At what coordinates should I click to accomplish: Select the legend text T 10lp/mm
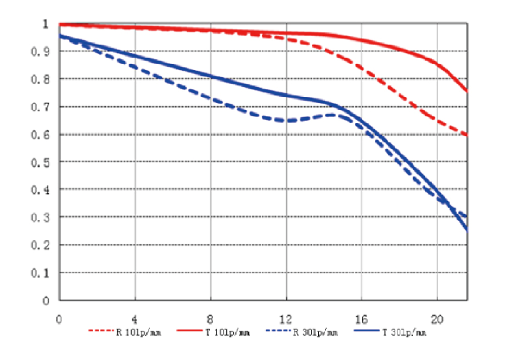(227, 333)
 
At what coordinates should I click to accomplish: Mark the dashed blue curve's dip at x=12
(286, 121)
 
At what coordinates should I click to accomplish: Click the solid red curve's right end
(466, 91)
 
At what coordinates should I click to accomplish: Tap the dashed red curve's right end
(466, 135)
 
